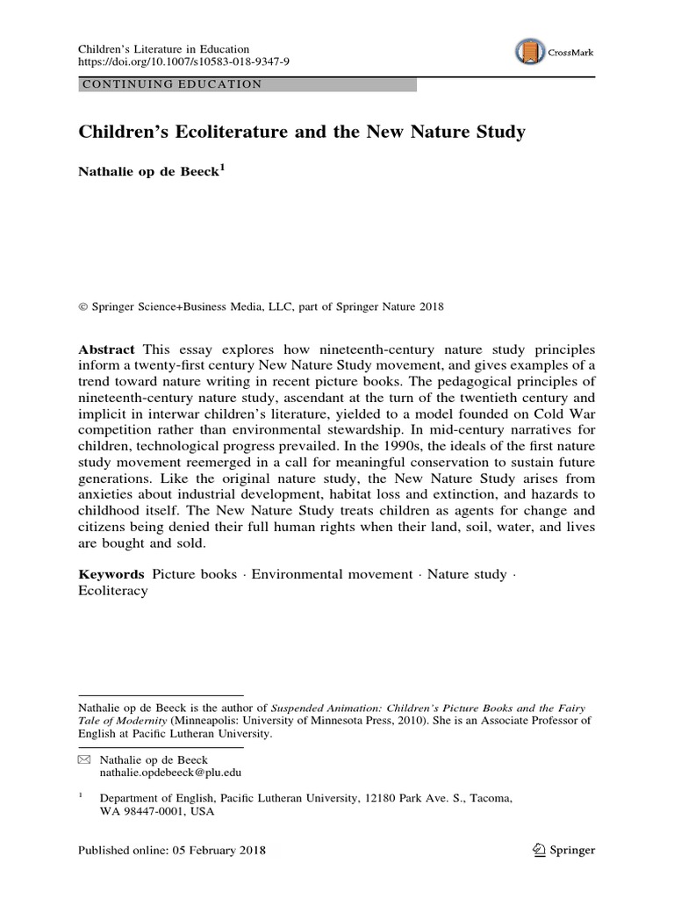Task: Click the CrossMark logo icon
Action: tap(529, 53)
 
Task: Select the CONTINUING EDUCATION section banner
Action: tap(247, 84)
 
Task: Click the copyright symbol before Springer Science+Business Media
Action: tap(82, 307)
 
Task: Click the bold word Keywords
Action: tap(112, 574)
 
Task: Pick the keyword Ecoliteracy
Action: tap(113, 591)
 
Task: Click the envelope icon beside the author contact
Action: tap(84, 759)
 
